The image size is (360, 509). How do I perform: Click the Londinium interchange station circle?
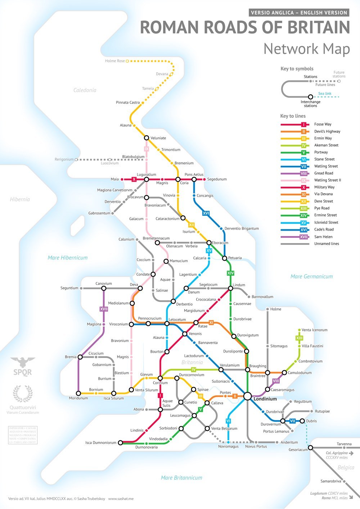pos(247,396)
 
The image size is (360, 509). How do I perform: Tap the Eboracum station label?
pos(220,243)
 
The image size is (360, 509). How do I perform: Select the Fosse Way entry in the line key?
pos(323,124)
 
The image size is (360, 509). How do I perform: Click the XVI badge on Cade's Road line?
pos(206,213)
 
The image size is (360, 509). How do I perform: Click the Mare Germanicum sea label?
pos(311,277)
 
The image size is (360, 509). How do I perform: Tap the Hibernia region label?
pos(20,199)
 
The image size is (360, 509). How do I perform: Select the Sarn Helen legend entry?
pos(323,237)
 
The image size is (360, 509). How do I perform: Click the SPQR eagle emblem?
pos(23,363)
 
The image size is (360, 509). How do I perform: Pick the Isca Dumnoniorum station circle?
pos(120,443)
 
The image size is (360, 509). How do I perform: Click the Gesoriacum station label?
pos(298,450)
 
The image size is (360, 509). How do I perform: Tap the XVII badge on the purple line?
pos(104,309)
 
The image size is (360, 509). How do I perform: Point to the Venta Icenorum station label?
pos(314,330)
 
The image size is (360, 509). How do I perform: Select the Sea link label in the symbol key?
pos(325,94)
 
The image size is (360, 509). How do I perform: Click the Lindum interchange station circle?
pos(230,288)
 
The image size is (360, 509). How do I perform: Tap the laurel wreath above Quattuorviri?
pos(22,394)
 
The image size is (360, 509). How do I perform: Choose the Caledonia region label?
pos(85,90)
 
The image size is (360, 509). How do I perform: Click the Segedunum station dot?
pos(204,179)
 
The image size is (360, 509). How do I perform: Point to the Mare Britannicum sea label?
pos(181,478)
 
